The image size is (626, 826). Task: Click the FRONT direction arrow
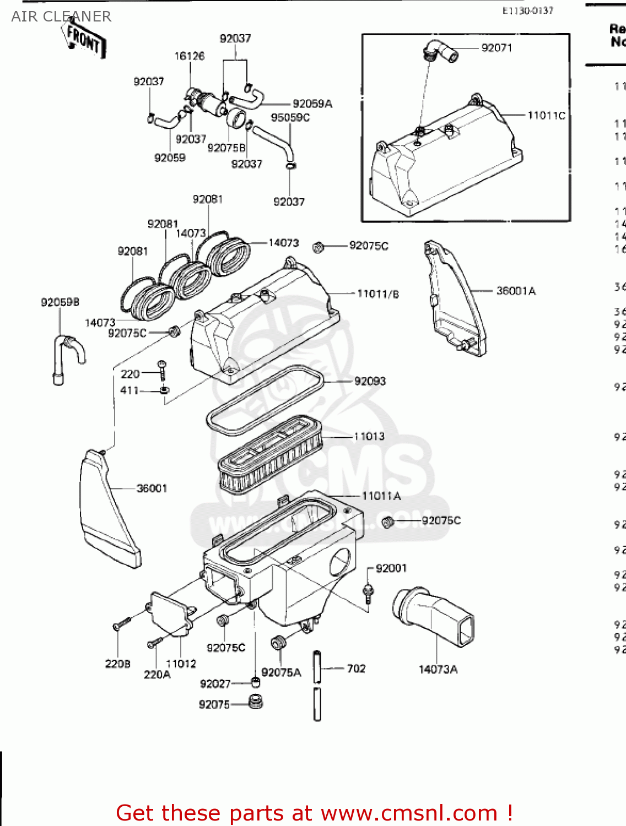click(84, 39)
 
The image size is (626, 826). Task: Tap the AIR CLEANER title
click(61, 17)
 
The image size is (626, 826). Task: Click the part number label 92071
click(497, 48)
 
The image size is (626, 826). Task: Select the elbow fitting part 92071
click(440, 52)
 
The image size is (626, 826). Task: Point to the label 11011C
click(546, 115)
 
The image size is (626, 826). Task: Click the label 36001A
click(516, 291)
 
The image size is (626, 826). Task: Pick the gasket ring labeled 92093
click(265, 399)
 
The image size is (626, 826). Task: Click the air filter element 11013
click(270, 454)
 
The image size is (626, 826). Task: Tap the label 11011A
click(381, 496)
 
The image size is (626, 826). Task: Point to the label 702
click(356, 669)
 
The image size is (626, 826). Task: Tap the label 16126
click(189, 56)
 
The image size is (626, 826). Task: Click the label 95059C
click(290, 117)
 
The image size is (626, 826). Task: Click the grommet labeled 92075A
click(278, 643)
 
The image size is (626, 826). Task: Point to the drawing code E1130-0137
click(527, 10)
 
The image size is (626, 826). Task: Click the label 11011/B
click(377, 294)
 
